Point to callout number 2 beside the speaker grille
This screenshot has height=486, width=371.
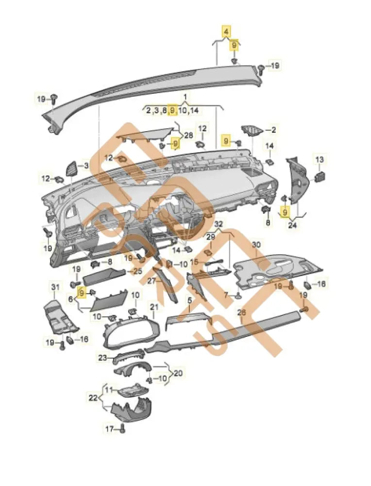tap(273, 130)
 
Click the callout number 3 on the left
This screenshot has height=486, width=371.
tap(87, 166)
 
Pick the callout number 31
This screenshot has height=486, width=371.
tap(54, 289)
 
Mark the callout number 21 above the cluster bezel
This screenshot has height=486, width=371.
tap(154, 307)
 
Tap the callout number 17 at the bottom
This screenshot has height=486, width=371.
tap(109, 429)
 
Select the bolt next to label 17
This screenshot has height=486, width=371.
tap(121, 429)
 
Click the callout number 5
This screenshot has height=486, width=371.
tap(190, 301)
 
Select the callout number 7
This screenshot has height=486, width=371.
tap(226, 295)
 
